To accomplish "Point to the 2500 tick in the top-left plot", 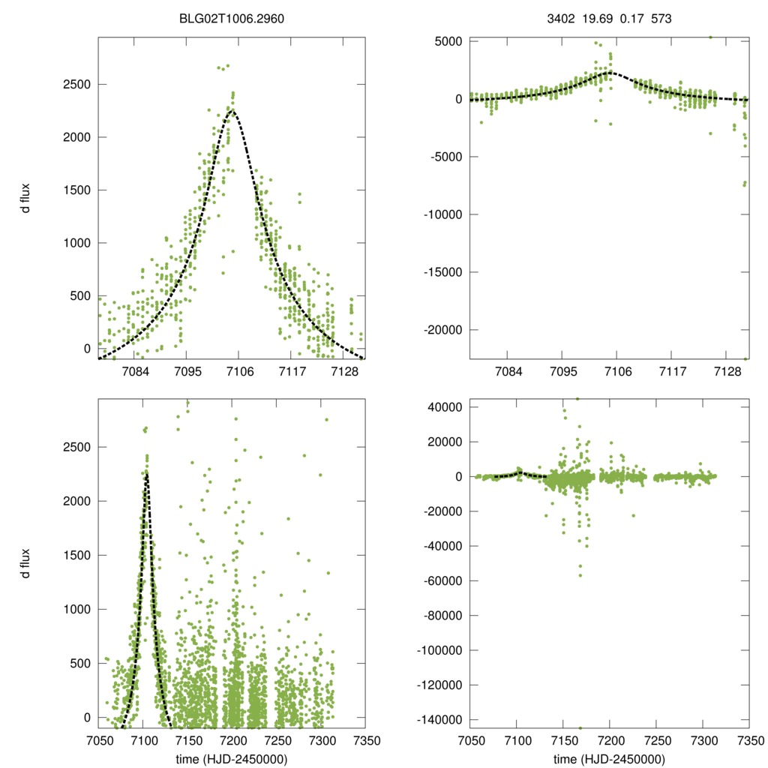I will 79,85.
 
